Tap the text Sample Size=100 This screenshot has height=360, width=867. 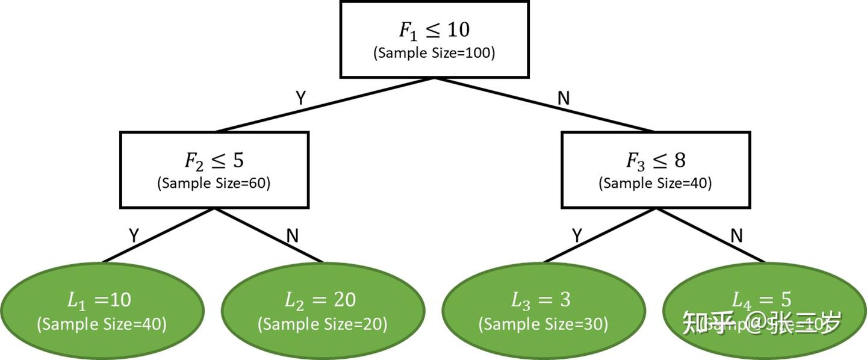click(434, 53)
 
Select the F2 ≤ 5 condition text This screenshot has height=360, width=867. click(214, 161)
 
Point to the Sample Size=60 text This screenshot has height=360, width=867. click(214, 183)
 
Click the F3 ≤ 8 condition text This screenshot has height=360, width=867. click(656, 161)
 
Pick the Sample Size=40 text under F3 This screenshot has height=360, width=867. click(656, 183)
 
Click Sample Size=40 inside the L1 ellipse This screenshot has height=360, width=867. click(101, 324)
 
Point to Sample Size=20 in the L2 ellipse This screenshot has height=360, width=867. click(323, 324)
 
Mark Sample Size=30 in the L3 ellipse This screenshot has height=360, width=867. click(543, 324)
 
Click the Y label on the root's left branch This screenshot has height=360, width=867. click(300, 98)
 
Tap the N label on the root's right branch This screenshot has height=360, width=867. click(564, 98)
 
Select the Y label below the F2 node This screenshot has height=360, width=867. click(134, 235)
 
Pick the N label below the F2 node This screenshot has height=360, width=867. click(293, 235)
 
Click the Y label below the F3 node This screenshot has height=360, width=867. click(577, 235)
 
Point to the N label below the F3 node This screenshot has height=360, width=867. click(736, 235)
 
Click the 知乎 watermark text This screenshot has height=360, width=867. click(706, 324)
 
